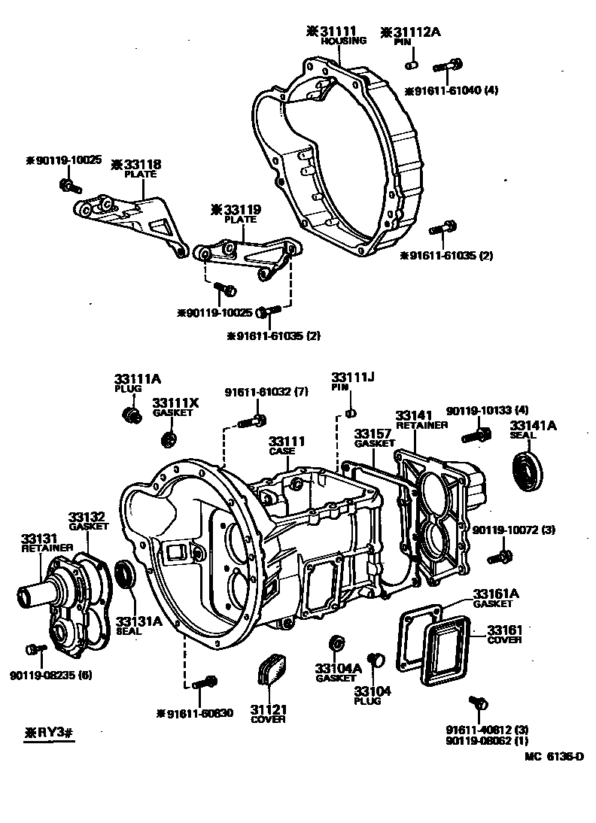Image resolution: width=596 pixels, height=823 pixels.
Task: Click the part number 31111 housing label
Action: pyautogui.click(x=340, y=32)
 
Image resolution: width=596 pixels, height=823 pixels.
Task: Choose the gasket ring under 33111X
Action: pyautogui.click(x=170, y=437)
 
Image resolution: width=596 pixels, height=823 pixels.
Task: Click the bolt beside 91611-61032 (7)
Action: pyautogui.click(x=251, y=422)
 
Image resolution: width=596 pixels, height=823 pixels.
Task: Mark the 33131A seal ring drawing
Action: pyautogui.click(x=126, y=575)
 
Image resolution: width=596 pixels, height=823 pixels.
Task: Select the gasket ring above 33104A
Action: pyautogui.click(x=337, y=644)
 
